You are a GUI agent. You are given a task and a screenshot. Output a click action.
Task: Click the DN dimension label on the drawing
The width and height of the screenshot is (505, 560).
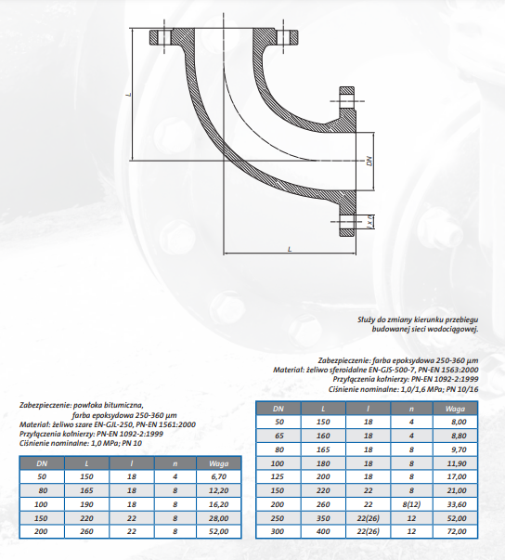(x=369, y=161)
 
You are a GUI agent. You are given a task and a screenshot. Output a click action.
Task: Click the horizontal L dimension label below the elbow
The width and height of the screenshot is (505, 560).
(x=290, y=249)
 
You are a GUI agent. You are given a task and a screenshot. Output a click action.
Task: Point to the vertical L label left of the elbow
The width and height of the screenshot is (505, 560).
(x=129, y=95)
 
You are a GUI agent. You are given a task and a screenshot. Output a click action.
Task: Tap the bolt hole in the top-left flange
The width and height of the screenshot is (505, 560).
(x=165, y=37)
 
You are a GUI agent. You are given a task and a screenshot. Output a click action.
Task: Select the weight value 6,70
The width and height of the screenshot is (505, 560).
(x=218, y=476)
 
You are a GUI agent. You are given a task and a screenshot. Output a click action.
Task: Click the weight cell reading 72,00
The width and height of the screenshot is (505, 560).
(x=457, y=531)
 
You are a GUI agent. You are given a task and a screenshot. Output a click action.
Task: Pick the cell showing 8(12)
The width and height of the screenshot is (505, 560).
(x=411, y=504)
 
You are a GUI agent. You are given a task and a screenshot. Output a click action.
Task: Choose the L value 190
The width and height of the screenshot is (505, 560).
(x=86, y=504)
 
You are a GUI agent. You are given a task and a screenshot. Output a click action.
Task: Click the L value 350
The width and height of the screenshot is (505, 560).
(x=323, y=518)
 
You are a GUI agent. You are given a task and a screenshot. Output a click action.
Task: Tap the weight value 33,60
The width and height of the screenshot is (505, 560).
(x=457, y=504)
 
